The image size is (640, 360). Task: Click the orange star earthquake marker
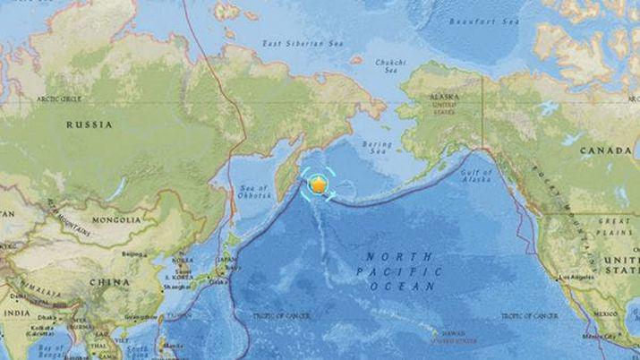319,184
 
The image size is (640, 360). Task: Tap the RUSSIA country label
89,125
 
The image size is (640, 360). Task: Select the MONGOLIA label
115,219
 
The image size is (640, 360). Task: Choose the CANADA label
606,150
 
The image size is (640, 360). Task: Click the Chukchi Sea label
391,66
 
